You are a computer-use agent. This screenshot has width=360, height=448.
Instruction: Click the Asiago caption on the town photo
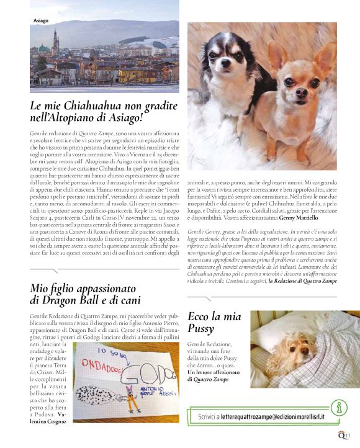(x=41, y=20)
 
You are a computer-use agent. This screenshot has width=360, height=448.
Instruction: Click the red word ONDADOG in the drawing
(x=99, y=363)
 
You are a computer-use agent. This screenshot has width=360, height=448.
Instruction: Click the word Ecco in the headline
(x=199, y=316)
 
